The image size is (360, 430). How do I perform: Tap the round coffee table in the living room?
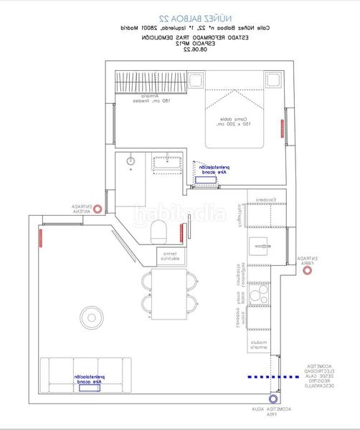[92, 315]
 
